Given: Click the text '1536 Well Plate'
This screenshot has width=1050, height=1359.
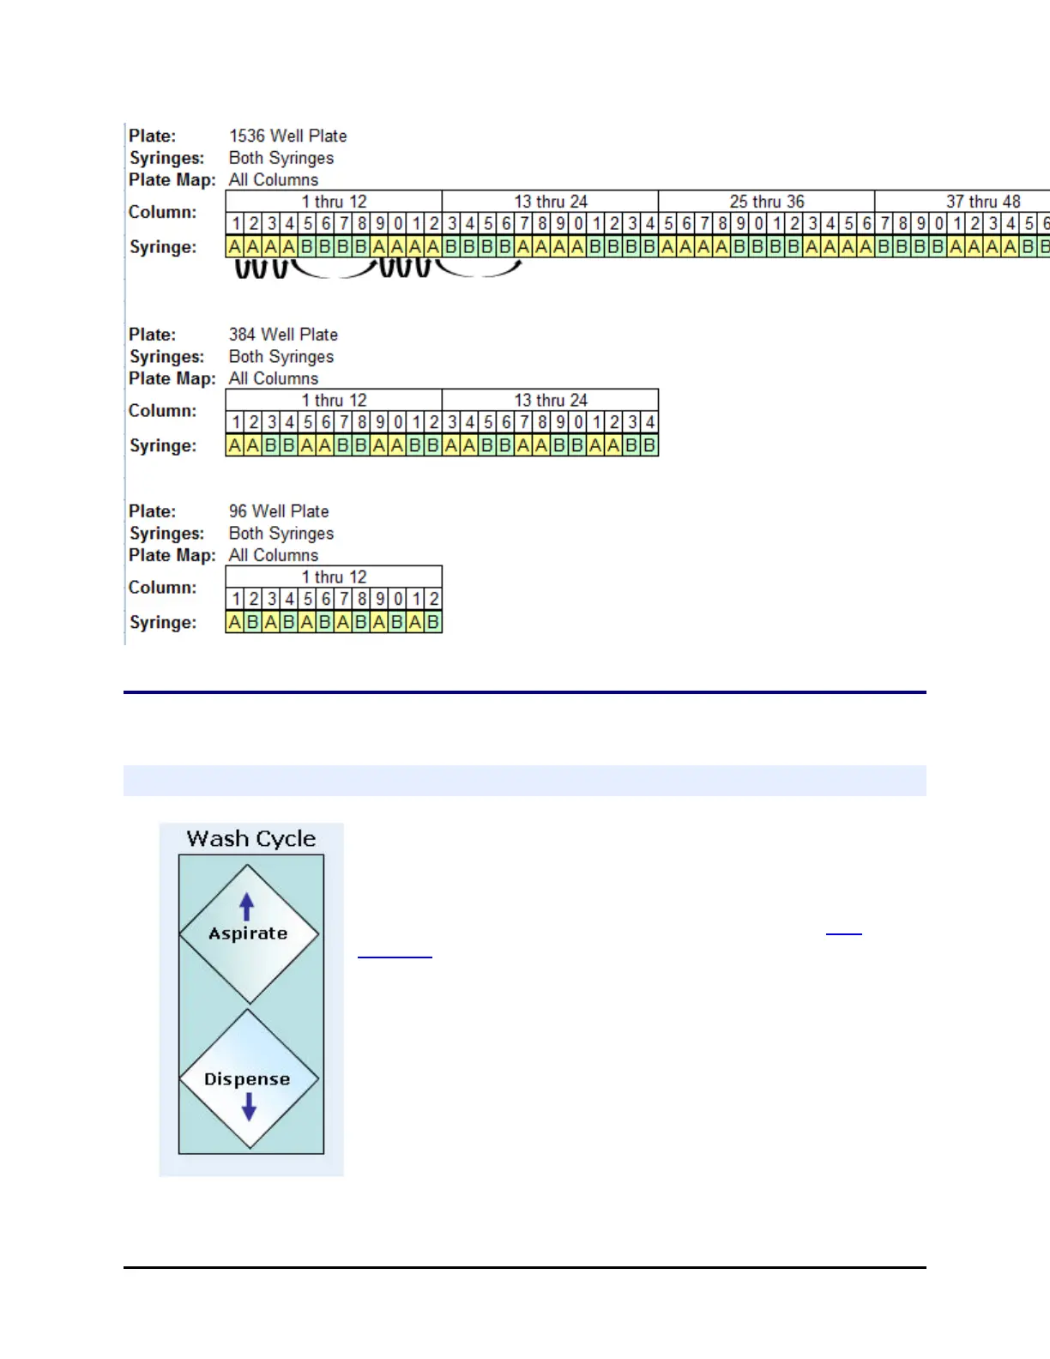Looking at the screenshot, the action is click(287, 136).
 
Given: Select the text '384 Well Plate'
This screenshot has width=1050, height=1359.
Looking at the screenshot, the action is click(283, 335).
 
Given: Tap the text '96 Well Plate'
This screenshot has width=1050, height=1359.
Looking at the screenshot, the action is click(279, 511).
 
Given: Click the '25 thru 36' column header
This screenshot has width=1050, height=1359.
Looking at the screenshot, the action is click(767, 202).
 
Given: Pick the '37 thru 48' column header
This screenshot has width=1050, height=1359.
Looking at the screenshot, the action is click(983, 202).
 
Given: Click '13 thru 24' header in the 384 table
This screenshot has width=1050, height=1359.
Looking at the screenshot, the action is click(551, 401).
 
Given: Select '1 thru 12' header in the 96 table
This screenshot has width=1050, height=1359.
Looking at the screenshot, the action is click(334, 577).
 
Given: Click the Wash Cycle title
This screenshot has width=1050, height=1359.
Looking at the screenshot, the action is click(251, 838).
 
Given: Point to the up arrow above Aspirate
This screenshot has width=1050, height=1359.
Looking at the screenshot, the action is click(247, 907).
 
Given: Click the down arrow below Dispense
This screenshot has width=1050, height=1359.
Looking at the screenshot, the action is click(249, 1108).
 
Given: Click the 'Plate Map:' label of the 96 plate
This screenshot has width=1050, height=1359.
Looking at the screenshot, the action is click(172, 555).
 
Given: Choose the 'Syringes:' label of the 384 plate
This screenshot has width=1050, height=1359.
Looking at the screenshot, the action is click(166, 357).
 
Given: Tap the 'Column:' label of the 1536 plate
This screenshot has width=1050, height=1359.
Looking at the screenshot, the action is click(162, 212).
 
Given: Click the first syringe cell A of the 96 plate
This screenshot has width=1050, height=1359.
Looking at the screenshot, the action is click(235, 622).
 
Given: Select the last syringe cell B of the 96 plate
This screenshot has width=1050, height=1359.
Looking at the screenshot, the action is click(433, 622).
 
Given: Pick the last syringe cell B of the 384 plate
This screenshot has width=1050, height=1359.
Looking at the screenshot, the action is click(649, 445).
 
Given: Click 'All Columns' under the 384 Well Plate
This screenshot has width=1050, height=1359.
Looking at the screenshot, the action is click(273, 378).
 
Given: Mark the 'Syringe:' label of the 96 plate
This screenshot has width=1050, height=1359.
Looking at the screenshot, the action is click(163, 622).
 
